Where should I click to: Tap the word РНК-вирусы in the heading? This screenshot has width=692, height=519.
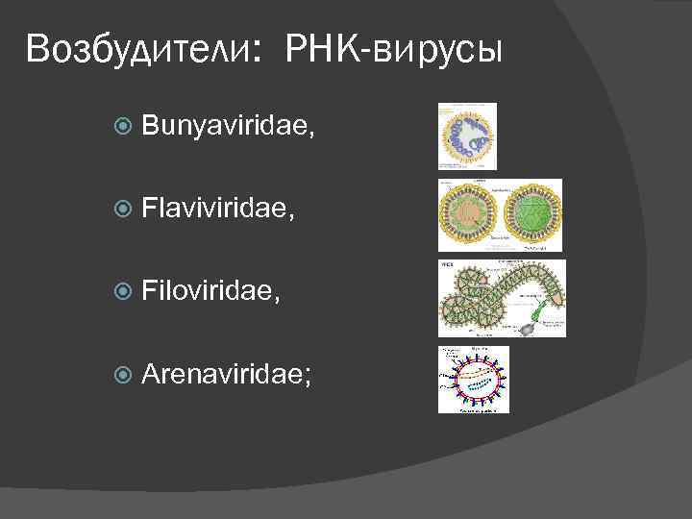pyautogui.click(x=393, y=49)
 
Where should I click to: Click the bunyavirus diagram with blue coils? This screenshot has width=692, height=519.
pyautogui.click(x=468, y=136)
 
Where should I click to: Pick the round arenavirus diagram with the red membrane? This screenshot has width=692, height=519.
pyautogui.click(x=473, y=378)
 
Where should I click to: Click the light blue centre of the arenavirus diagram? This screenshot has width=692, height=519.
pyautogui.click(x=472, y=378)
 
